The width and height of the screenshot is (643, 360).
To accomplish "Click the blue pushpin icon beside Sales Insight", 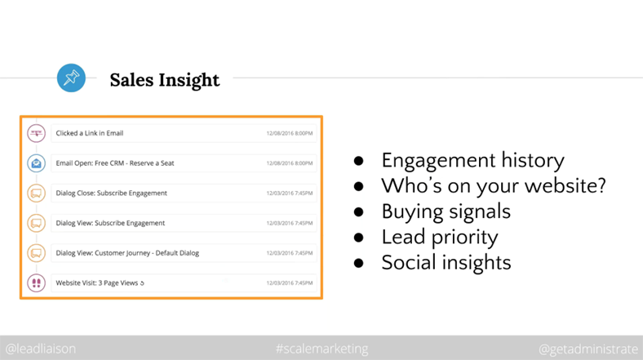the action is (x=71, y=78).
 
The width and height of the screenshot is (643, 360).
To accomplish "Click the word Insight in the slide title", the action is (x=189, y=80).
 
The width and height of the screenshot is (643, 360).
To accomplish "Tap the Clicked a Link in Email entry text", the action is (x=90, y=133).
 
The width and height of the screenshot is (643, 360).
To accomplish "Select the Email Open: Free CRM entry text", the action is (x=115, y=163).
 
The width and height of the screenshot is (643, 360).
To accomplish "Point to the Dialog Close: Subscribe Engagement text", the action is (x=112, y=193).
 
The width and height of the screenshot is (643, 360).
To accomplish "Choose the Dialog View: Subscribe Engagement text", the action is (x=110, y=223).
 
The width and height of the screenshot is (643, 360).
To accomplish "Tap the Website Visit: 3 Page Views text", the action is (x=100, y=283).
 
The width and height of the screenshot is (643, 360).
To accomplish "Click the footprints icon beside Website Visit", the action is (x=36, y=283).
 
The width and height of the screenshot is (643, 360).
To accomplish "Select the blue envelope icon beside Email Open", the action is (x=36, y=163).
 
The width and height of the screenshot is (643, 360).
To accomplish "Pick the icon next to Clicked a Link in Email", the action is (x=36, y=133).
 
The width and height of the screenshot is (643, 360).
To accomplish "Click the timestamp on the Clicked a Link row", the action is (x=290, y=133).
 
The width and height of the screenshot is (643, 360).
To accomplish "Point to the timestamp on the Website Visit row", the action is (x=290, y=283).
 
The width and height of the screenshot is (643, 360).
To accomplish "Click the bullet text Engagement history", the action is (x=472, y=160).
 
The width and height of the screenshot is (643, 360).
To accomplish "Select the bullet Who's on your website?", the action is (x=494, y=186).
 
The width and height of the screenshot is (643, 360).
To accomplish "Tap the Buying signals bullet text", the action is (x=446, y=211).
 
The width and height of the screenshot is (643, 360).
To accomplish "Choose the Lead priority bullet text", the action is (x=440, y=237).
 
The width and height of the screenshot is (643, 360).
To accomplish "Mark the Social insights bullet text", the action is (x=446, y=262).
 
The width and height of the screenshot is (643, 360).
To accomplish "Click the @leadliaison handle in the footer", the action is (x=41, y=349).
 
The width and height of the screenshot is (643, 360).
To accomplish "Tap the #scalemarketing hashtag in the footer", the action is (x=322, y=349).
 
